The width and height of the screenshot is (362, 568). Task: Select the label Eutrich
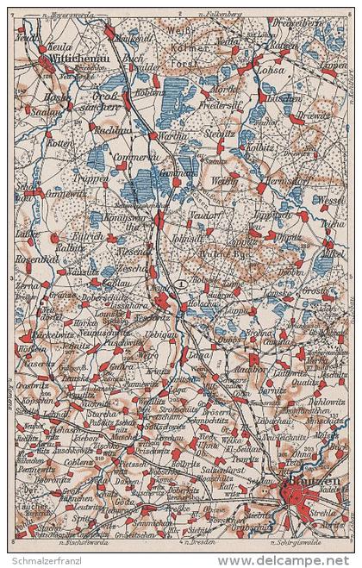pos(89,235)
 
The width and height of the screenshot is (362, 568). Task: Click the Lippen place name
pos(332,66)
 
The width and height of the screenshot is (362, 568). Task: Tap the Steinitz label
pos(221,134)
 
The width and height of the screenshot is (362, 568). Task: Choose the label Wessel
pos(330,199)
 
